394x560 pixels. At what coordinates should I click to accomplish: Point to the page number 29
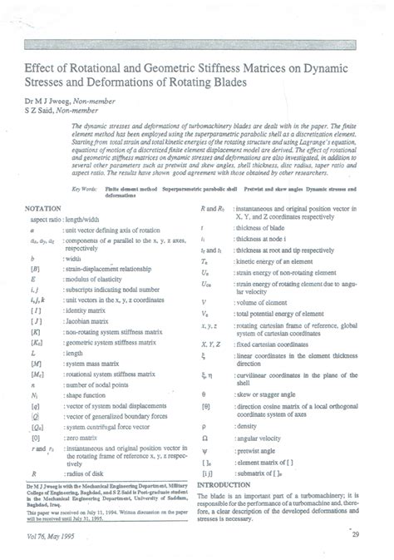point(355,545)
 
